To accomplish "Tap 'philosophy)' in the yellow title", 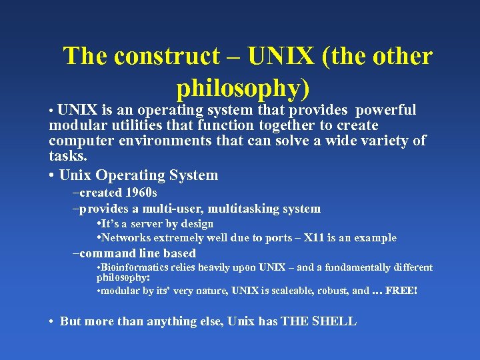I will (x=244, y=88).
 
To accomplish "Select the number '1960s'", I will (x=141, y=193).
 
